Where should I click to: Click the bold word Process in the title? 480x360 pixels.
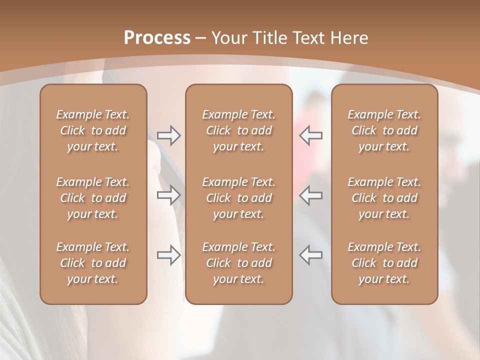coord(157,38)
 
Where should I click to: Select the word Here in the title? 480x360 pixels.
coord(349,38)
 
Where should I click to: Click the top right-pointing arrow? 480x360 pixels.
coord(169,135)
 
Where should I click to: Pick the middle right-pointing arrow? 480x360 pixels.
coord(169,195)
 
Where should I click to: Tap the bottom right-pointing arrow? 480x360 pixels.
coord(169,255)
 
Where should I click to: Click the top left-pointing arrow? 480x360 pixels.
coord(311,135)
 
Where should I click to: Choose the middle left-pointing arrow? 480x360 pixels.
coord(311,195)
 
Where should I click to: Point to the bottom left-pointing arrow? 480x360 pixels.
coord(311,255)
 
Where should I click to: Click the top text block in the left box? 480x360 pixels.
coord(93,130)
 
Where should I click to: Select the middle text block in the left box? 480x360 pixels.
coord(93,198)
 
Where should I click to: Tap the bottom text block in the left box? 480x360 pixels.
coord(93,263)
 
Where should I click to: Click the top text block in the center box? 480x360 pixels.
coord(238,130)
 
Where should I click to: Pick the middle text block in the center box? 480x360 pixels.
coord(238,198)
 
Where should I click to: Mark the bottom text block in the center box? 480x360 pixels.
coord(238,263)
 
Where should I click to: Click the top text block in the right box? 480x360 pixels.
coord(384,130)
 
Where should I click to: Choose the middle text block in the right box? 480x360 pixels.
coord(384,198)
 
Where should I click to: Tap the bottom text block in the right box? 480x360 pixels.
coord(384,263)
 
